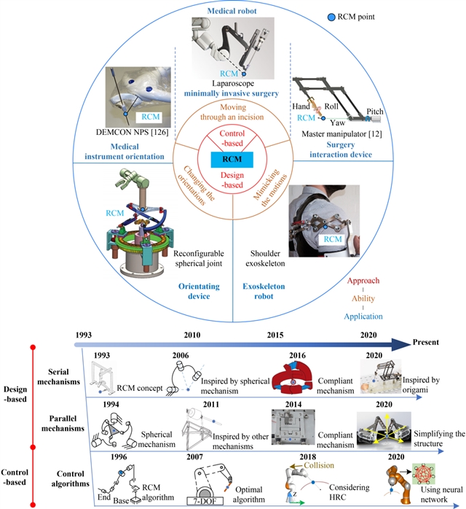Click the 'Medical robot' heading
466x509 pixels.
tap(232, 11)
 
